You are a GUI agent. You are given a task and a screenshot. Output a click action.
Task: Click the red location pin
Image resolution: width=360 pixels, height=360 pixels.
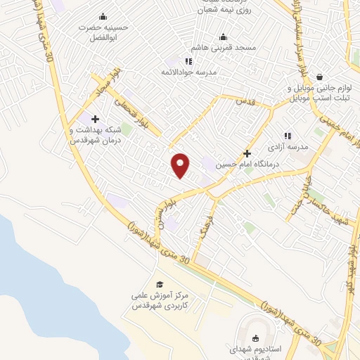click(181, 165)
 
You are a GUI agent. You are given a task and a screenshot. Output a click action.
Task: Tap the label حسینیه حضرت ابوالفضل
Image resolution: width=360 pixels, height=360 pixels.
click(104, 31)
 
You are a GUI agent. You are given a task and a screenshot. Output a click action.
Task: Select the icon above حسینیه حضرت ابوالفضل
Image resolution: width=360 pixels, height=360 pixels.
click(104, 17)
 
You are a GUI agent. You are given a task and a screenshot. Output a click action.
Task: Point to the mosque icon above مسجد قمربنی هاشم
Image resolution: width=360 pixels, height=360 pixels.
click(224, 37)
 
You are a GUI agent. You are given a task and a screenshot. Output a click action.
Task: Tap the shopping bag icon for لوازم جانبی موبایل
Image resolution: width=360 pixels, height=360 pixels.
click(319, 77)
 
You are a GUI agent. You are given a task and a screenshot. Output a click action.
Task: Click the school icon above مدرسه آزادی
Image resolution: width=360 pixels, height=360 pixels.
click(287, 136)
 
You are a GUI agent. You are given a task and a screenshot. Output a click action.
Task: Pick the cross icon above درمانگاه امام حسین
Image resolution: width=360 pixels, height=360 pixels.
click(247, 153)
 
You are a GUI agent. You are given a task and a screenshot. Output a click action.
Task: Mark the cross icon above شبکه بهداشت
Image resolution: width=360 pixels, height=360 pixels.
click(95, 120)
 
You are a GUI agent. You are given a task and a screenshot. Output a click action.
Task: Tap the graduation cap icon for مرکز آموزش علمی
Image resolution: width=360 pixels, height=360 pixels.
click(160, 284)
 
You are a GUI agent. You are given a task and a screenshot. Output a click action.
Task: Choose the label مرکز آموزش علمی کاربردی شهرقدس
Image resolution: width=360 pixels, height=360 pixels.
click(159, 301)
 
